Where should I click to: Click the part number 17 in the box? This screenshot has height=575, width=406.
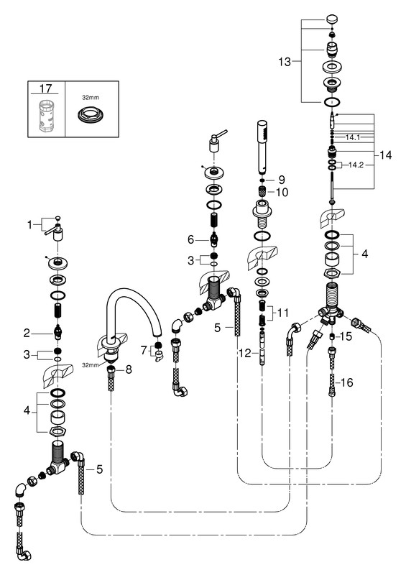46,88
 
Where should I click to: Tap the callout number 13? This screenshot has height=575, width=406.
285,62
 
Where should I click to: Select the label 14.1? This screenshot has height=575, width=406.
353,137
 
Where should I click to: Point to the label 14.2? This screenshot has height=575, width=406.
356,165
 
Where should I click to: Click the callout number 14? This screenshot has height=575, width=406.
385,155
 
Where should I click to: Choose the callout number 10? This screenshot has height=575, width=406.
282,192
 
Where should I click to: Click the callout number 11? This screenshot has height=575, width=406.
283,313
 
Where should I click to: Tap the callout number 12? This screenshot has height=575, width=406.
244,353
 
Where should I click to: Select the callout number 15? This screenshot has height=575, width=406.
346,336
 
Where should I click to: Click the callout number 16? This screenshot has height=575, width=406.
346,382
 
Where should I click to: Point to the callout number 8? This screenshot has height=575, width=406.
129,369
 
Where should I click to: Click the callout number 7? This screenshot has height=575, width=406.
144,350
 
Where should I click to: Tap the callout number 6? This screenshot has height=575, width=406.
190,239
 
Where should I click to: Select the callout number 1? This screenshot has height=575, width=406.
29,224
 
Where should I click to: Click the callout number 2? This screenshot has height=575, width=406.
27,333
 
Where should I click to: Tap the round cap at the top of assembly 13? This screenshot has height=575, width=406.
332,19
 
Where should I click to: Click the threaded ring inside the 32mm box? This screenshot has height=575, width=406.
91,115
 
